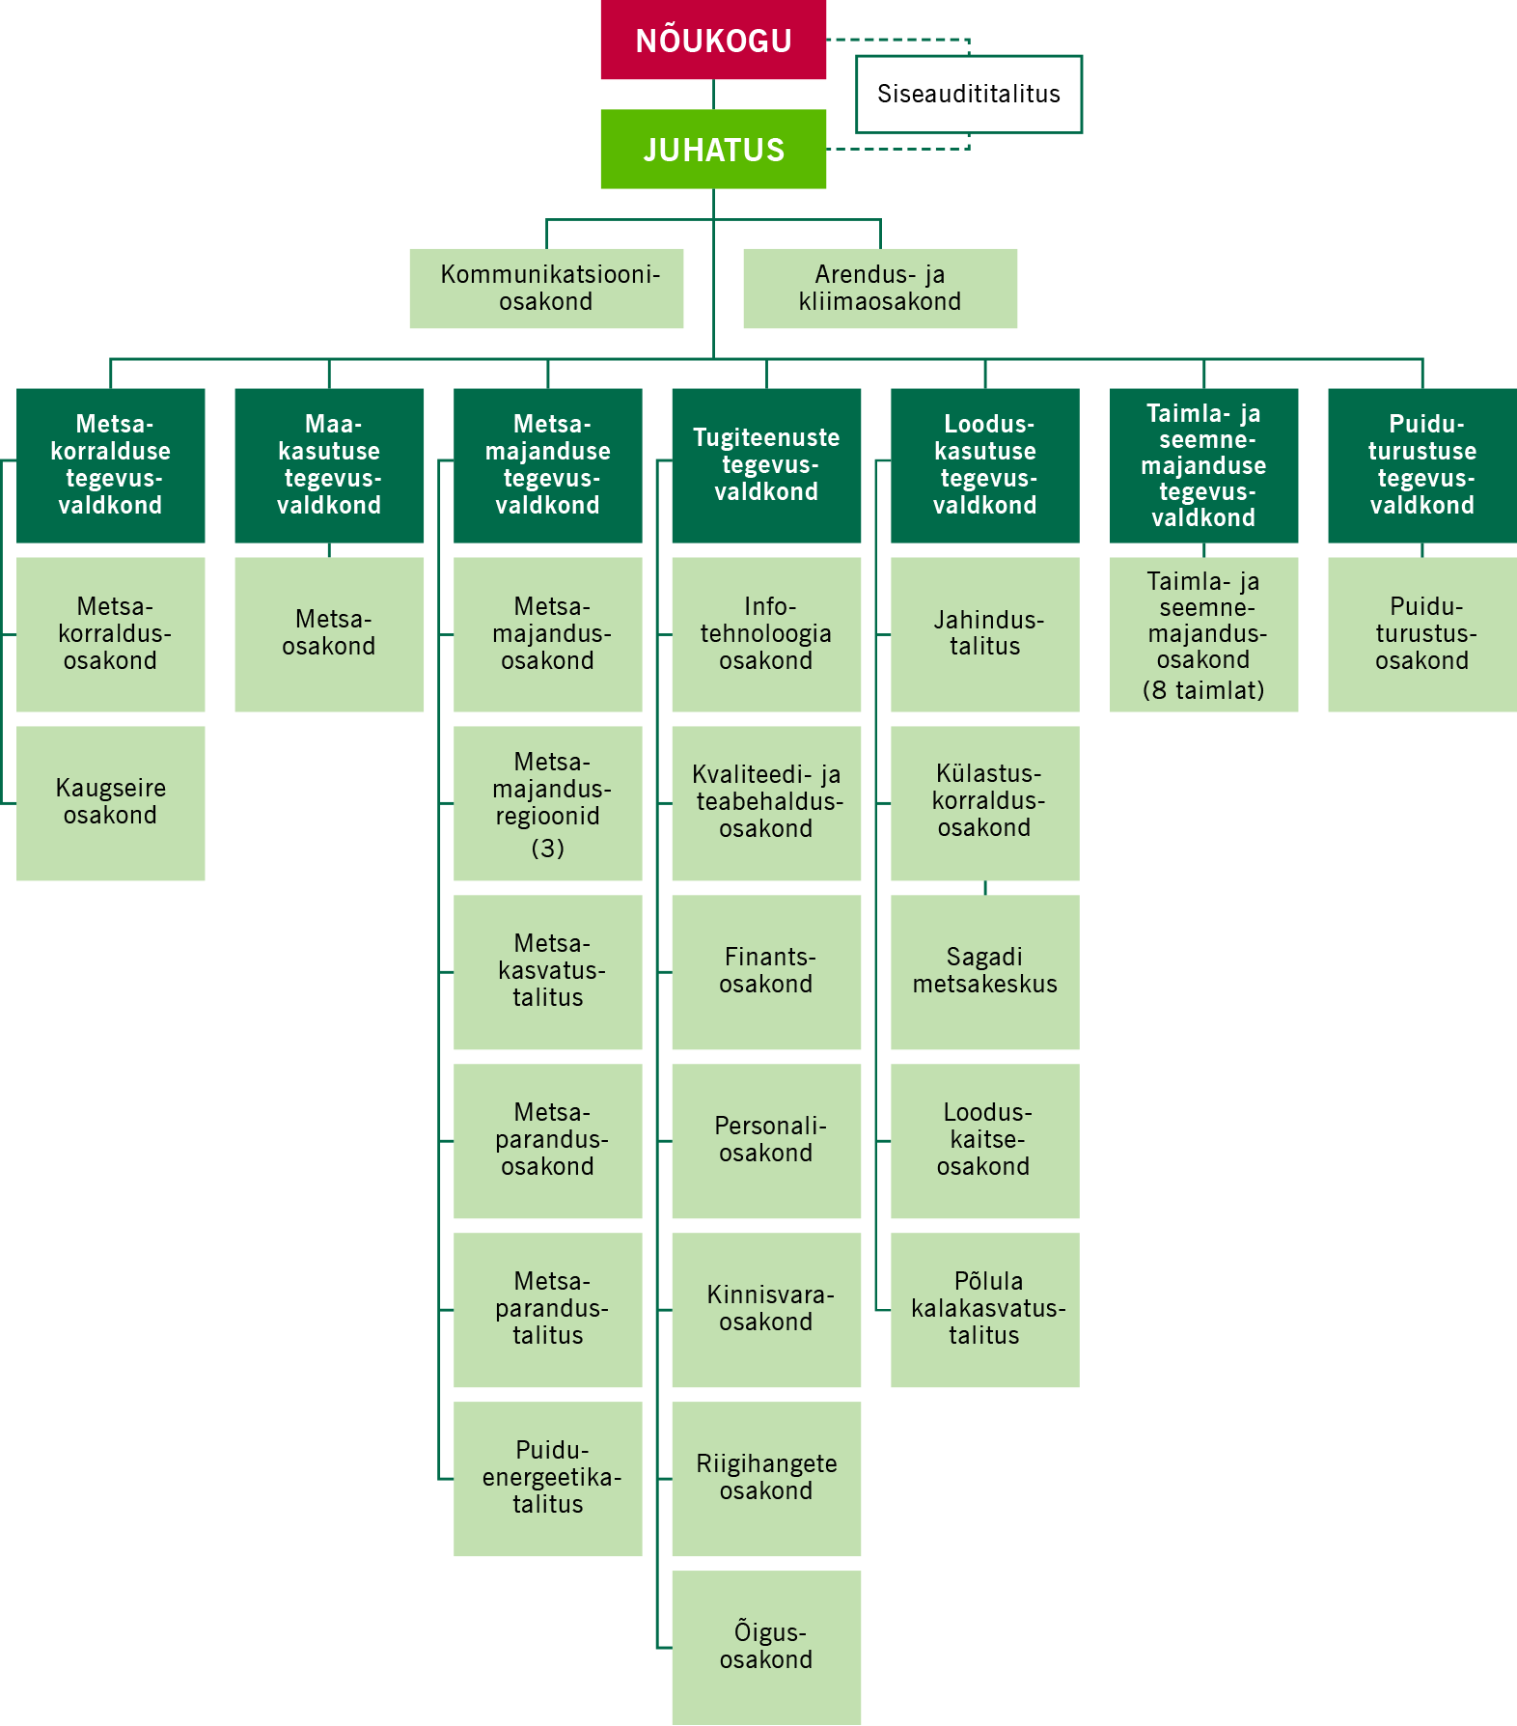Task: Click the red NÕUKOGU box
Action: click(713, 40)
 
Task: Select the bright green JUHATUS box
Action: click(713, 149)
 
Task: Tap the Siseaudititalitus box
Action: click(968, 94)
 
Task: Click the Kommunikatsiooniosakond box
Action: click(546, 288)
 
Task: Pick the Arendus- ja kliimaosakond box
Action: click(879, 288)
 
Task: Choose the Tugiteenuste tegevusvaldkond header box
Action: click(766, 464)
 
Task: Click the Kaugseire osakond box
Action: click(110, 802)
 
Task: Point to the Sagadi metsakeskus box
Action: click(984, 971)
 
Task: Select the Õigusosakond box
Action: click(766, 1647)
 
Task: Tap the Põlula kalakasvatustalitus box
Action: click(984, 1309)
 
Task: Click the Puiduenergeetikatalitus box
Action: click(547, 1478)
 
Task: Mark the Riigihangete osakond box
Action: click(766, 1478)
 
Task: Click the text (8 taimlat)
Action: click(1203, 690)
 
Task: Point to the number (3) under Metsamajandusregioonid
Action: click(547, 848)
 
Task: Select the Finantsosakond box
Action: click(766, 971)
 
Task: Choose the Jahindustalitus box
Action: click(984, 633)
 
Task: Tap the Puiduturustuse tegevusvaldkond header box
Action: click(1421, 464)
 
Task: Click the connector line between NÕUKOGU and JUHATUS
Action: click(713, 94)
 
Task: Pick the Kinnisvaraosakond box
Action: click(766, 1309)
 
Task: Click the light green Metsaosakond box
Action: click(329, 633)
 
